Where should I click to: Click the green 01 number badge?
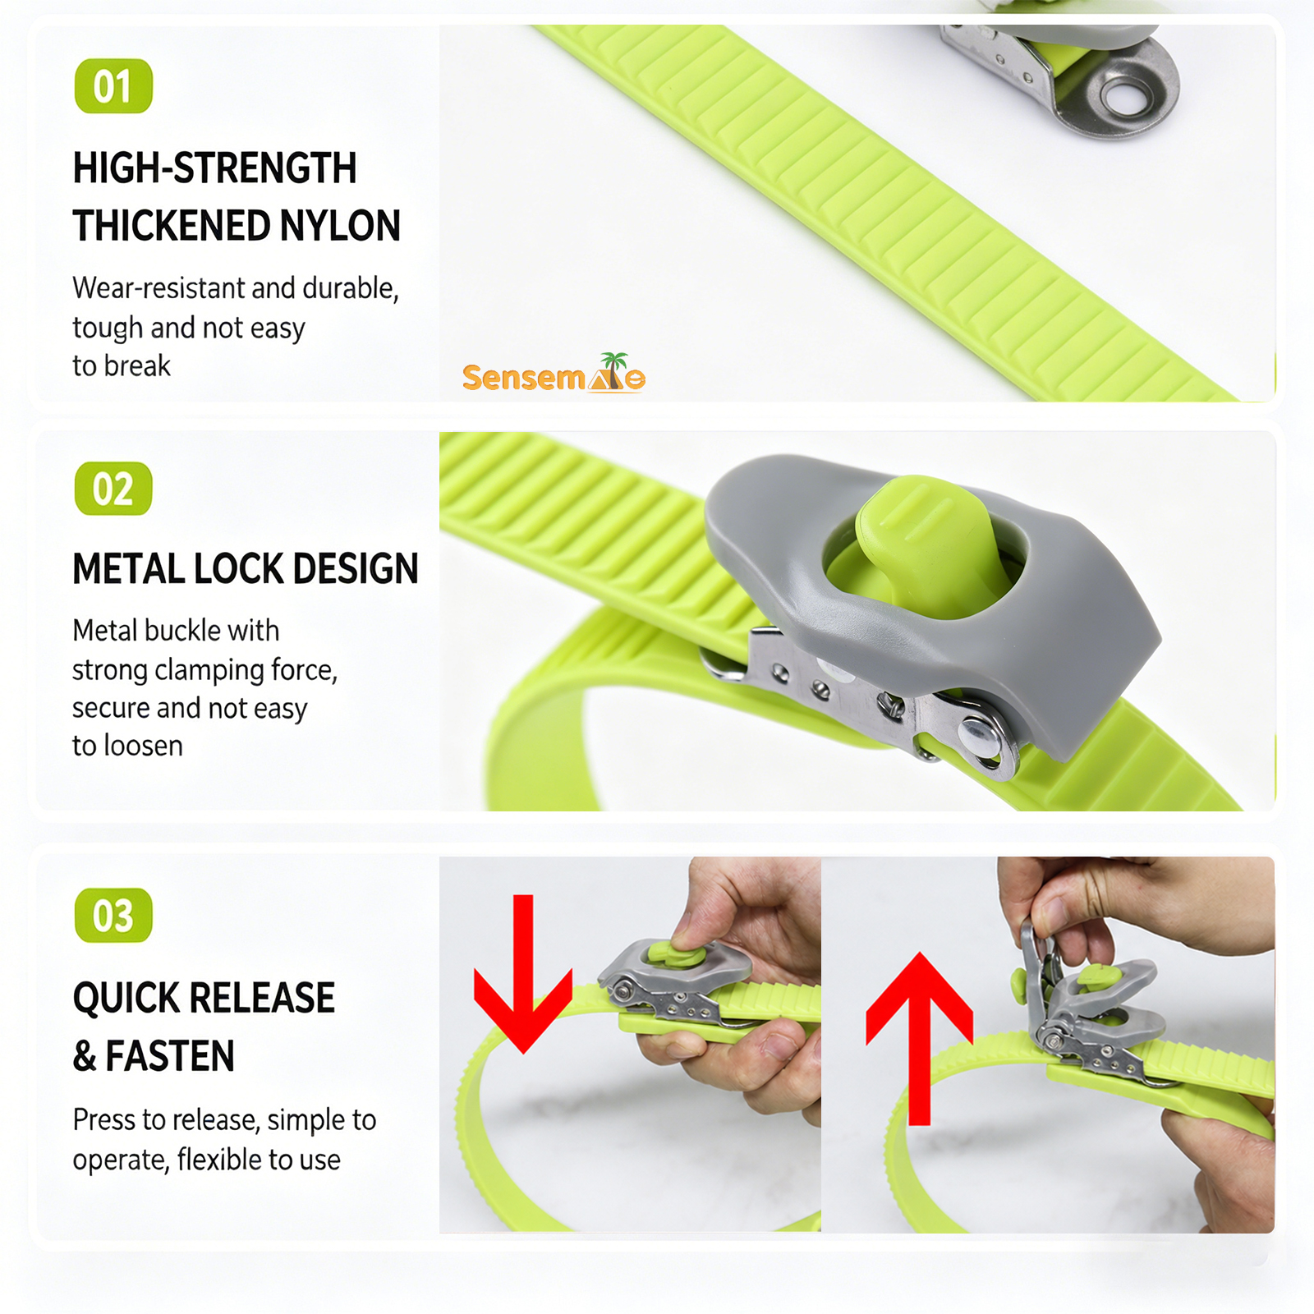[113, 86]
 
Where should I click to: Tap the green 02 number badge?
[113, 489]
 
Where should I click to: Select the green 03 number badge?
[113, 915]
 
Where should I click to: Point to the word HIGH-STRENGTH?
[215, 168]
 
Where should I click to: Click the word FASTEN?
[170, 1056]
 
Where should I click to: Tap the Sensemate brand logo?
[554, 374]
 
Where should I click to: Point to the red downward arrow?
[523, 974]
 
